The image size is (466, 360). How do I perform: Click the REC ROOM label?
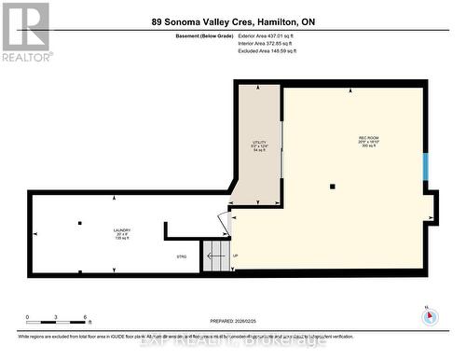(x=367, y=142)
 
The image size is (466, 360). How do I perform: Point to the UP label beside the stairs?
(x=235, y=256)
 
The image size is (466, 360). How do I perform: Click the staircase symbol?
(x=215, y=255)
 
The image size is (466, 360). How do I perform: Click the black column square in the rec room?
(x=332, y=187)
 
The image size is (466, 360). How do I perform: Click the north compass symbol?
(x=429, y=315)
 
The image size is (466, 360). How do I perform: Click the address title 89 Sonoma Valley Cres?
(x=232, y=21)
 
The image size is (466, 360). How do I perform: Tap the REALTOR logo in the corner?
(x=25, y=30)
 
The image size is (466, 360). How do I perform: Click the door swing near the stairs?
(x=224, y=222)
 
